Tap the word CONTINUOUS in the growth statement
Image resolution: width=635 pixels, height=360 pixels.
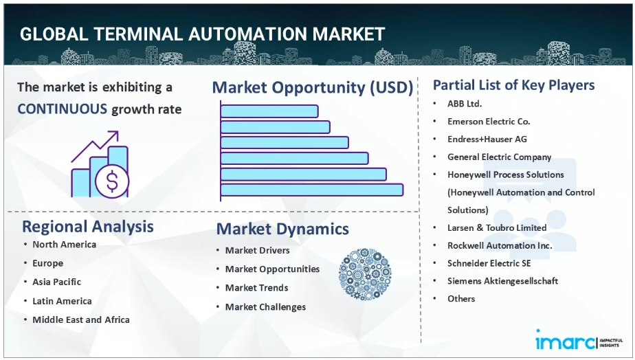63,109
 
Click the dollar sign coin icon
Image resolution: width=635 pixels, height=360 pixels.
112,181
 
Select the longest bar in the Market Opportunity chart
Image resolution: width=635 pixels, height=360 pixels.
312,190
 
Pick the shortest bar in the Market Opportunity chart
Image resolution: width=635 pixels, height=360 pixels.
269,111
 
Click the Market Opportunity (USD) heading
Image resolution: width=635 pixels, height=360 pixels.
312,87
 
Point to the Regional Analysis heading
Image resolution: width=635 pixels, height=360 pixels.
88,226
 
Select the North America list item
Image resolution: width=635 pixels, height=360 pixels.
65,245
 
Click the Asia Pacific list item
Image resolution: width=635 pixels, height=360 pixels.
56,282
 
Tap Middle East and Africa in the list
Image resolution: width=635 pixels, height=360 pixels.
81,320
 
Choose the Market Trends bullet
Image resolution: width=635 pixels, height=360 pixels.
257,288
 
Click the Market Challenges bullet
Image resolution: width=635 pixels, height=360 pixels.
266,307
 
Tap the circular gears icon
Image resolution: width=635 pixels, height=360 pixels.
365,274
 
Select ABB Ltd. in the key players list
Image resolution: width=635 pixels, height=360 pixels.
465,104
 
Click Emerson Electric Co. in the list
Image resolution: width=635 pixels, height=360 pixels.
489,122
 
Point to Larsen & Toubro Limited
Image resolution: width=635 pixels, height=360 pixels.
497,227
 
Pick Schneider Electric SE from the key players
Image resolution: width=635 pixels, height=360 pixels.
489,263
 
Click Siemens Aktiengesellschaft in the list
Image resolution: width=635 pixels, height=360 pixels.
502,281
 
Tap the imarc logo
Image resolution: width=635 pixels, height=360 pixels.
579,340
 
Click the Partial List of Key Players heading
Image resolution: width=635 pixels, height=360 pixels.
513,85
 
